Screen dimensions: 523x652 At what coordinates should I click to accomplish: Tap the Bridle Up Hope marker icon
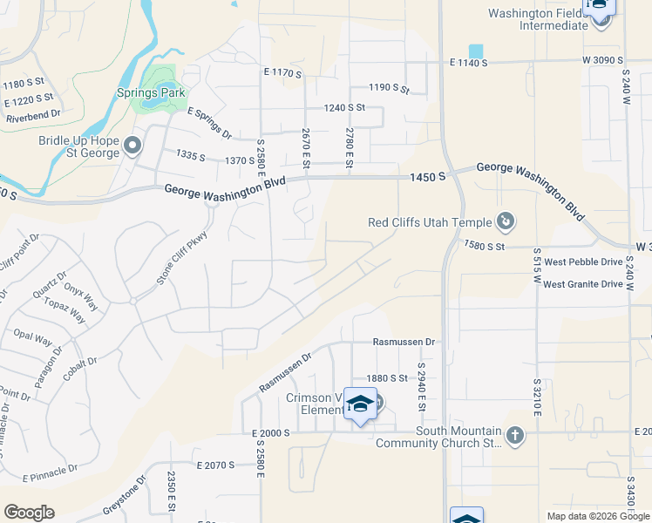pyautogui.click(x=132, y=145)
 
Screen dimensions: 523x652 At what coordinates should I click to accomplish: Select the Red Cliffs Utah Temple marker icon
pyautogui.click(x=506, y=222)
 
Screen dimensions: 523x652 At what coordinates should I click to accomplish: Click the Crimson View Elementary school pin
pyautogui.click(x=360, y=404)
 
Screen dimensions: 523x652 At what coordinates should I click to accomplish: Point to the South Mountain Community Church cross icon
pyautogui.click(x=515, y=436)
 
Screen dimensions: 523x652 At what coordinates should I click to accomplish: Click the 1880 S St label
pyautogui.click(x=387, y=377)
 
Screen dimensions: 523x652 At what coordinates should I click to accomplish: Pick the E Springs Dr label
pyautogui.click(x=209, y=123)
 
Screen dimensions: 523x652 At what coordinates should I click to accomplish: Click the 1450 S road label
pyautogui.click(x=429, y=177)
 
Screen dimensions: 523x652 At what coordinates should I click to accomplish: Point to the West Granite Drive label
pyautogui.click(x=583, y=284)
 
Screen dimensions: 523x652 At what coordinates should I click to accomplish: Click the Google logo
pyautogui.click(x=29, y=513)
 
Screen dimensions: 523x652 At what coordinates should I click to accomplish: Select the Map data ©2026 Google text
pyautogui.click(x=598, y=516)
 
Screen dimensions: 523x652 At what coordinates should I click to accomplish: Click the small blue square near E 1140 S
pyautogui.click(x=476, y=51)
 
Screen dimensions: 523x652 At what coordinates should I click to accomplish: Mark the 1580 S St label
pyautogui.click(x=485, y=247)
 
